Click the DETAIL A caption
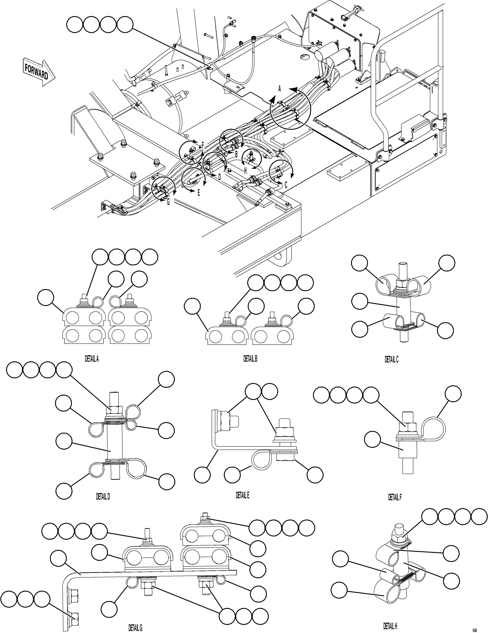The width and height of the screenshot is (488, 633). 92,359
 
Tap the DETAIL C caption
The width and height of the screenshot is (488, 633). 391,359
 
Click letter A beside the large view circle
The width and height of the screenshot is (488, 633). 280,89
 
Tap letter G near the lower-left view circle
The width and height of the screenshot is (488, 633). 168,202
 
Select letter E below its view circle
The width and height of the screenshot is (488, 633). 199,193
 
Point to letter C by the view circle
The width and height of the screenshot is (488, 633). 286,185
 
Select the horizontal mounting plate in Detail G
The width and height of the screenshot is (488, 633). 157,572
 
